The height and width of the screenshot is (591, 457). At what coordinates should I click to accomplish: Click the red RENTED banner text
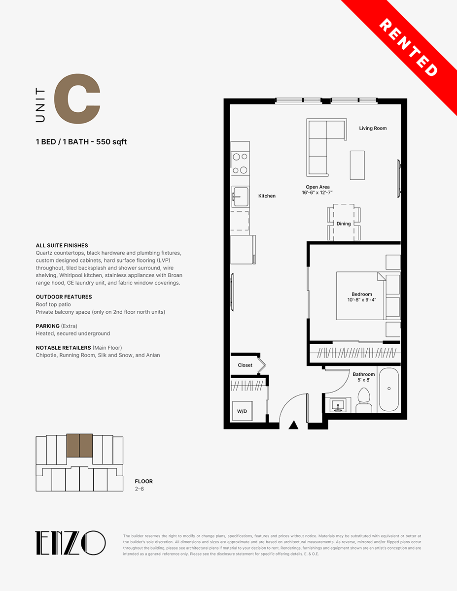point(408,47)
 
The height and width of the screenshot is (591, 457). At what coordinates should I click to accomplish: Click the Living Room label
point(373,128)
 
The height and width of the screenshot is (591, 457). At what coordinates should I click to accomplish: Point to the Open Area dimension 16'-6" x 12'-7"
point(317,193)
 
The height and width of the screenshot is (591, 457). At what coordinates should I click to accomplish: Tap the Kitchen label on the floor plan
point(267,196)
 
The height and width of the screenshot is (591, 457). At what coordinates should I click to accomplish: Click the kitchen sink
point(241,197)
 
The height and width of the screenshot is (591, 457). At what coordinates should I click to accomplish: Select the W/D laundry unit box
point(242,411)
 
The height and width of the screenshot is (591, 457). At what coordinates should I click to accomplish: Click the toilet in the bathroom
point(364,400)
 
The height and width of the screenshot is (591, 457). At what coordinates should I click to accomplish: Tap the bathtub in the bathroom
point(388,390)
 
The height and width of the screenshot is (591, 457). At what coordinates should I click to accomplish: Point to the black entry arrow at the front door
point(293,425)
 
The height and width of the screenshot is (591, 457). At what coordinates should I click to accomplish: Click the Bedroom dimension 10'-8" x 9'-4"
point(362,300)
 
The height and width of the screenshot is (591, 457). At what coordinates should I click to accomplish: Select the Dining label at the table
point(344,224)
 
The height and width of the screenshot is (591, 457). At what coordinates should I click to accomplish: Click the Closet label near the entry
point(245,365)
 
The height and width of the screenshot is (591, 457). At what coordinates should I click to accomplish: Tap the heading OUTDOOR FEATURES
point(64,296)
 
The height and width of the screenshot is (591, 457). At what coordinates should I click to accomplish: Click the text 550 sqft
point(111,142)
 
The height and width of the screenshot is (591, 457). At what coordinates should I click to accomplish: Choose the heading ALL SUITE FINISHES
point(62,245)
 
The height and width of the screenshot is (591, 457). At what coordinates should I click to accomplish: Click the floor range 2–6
point(140,489)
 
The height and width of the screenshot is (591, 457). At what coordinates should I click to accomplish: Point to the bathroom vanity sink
point(338,405)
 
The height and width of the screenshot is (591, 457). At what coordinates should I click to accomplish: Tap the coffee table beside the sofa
point(357,165)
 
